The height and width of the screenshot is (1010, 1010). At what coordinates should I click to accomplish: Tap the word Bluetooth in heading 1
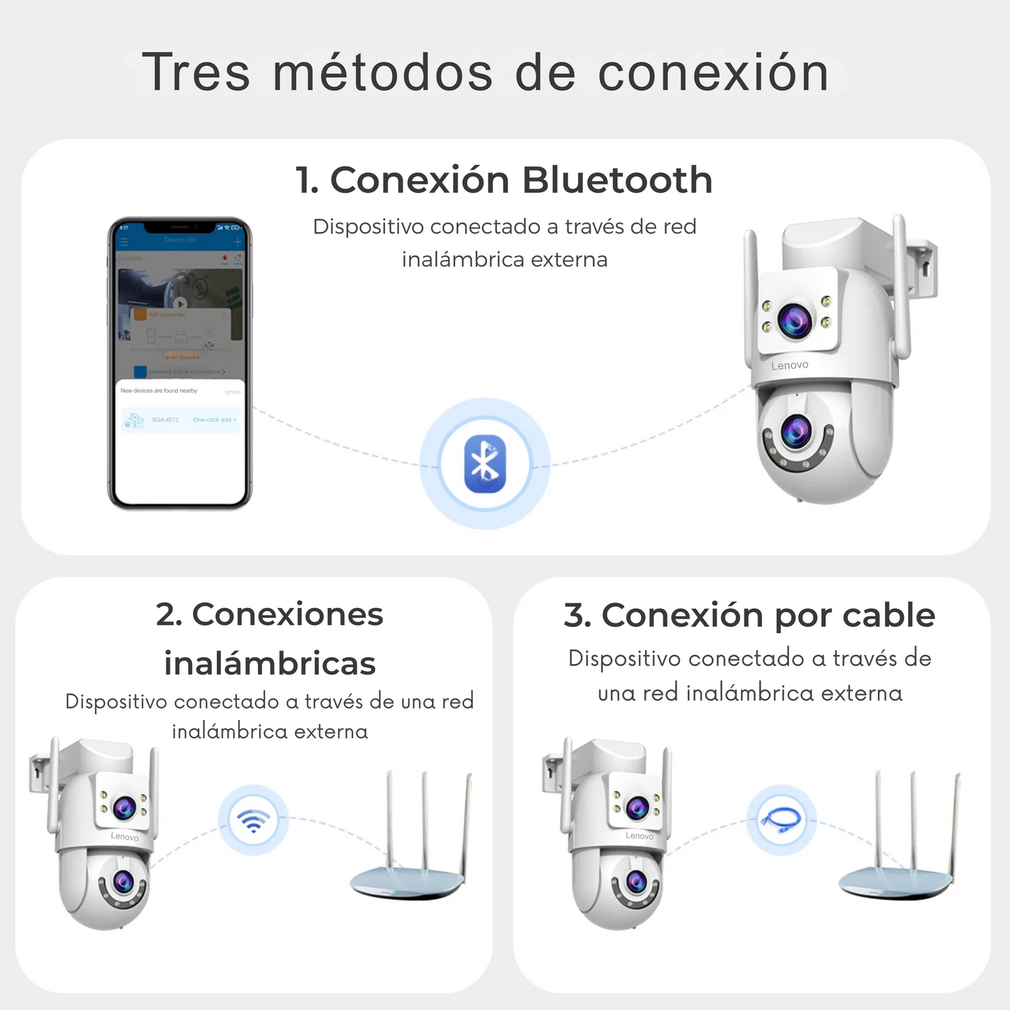(617, 180)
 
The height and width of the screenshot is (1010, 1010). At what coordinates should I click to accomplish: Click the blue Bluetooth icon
(484, 463)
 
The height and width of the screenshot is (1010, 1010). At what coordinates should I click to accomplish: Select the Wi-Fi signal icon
(253, 819)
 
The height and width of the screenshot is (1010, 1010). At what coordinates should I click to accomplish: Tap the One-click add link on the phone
(215, 420)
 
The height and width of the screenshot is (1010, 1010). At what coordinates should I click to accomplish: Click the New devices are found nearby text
(159, 391)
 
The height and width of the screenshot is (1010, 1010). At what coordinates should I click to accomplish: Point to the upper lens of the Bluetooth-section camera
(795, 319)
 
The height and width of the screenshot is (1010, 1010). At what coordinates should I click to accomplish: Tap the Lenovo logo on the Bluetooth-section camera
(790, 366)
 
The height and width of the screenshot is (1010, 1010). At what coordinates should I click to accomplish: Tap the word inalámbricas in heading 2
(270, 664)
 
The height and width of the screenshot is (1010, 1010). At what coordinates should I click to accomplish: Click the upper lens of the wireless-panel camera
(124, 808)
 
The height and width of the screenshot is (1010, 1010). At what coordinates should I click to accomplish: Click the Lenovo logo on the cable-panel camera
(640, 836)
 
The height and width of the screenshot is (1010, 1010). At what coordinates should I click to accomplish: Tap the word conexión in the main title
(714, 72)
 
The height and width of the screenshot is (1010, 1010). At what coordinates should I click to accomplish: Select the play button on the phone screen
(180, 304)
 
